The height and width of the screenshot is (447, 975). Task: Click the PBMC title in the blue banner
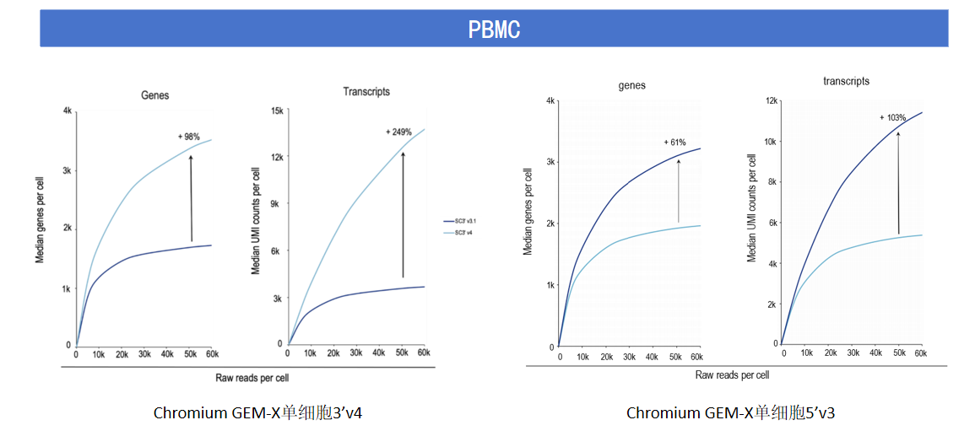tap(494, 30)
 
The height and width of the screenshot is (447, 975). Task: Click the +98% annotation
tap(188, 136)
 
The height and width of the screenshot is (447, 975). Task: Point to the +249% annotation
tap(398, 132)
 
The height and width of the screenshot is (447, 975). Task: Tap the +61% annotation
tap(674, 142)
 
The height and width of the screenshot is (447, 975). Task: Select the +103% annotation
tap(892, 117)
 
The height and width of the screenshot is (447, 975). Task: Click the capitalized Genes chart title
tap(154, 95)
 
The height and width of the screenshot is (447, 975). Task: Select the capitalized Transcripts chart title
tap(366, 91)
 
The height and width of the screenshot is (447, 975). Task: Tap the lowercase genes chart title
tap(631, 85)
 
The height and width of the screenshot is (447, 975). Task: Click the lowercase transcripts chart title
tap(846, 81)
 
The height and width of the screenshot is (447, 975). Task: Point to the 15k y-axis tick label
tap(275, 110)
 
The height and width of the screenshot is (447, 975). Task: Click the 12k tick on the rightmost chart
tap(771, 100)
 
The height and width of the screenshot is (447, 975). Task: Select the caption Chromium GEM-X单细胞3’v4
tap(257, 413)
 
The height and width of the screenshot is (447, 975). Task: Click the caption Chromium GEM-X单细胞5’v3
tap(730, 413)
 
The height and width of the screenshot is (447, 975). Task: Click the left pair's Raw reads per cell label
tap(252, 379)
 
